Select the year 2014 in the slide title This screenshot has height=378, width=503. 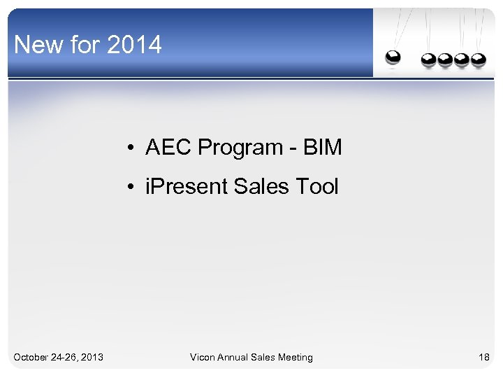pyautogui.click(x=135, y=45)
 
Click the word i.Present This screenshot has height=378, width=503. pyautogui.click(x=187, y=187)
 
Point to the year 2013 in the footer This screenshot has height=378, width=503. pyautogui.click(x=92, y=358)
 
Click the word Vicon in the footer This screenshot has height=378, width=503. pyautogui.click(x=203, y=358)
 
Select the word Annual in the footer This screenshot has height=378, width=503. pyautogui.click(x=237, y=358)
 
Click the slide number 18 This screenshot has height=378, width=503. pyautogui.click(x=483, y=358)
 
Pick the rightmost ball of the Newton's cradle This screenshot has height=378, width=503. pyautogui.click(x=479, y=60)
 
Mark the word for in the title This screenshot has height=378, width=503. pyautogui.click(x=85, y=45)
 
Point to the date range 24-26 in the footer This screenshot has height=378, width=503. pyautogui.click(x=64, y=358)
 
